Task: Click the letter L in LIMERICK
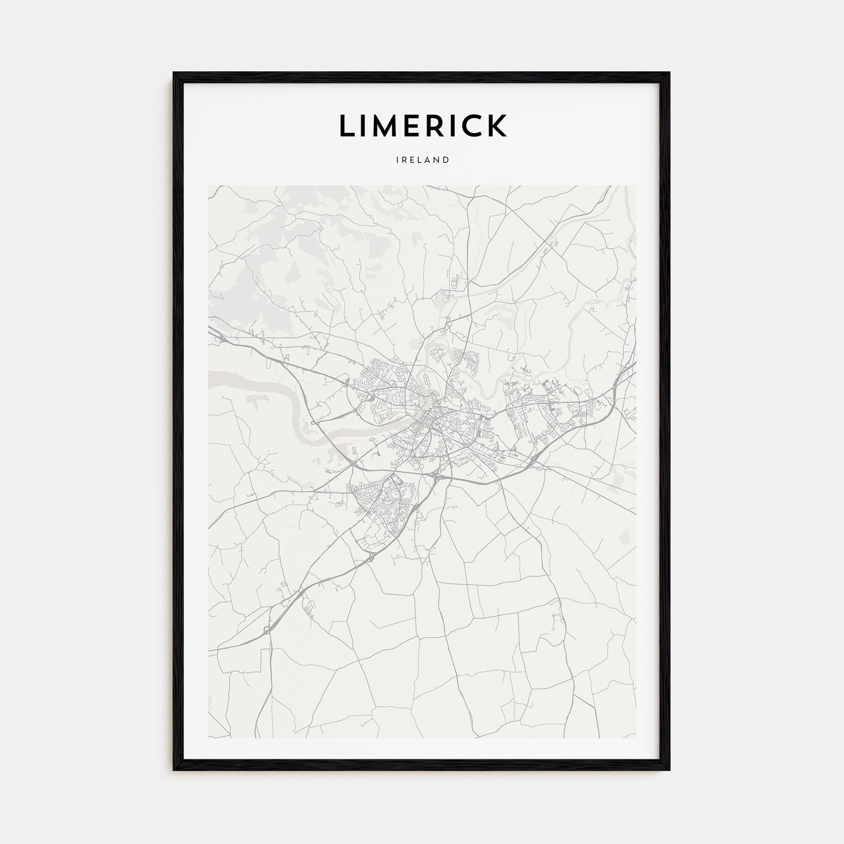[348, 126]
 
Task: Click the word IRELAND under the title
[422, 160]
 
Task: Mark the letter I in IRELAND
[398, 160]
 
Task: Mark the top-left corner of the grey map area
[209, 186]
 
